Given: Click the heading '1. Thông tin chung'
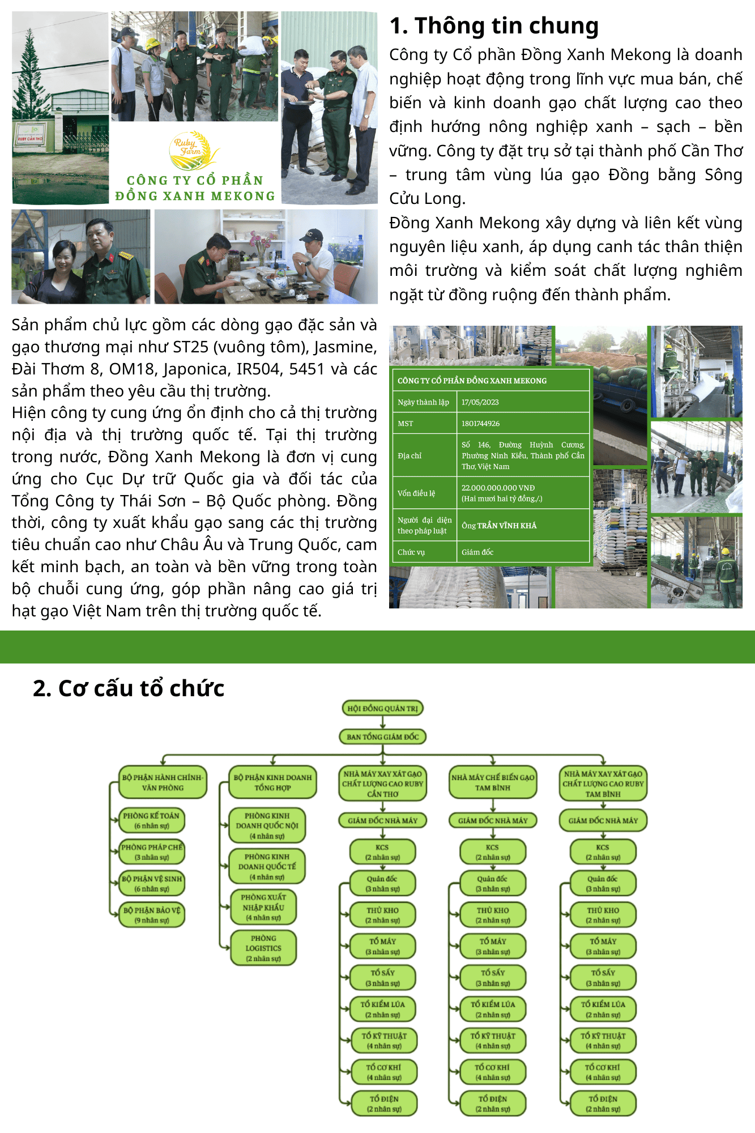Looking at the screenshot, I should [494, 26].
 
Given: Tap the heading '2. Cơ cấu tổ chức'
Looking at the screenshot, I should [129, 688].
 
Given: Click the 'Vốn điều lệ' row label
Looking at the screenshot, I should [416, 493].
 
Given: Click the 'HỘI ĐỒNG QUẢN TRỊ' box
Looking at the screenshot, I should [382, 708].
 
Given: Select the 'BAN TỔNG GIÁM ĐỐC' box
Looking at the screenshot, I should [382, 736].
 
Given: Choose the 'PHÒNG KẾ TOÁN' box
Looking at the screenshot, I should [151, 820].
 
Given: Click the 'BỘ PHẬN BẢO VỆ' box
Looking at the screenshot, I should [151, 915].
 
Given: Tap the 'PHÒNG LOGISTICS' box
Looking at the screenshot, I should [263, 948].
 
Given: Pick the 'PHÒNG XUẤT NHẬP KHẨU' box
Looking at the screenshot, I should [263, 907].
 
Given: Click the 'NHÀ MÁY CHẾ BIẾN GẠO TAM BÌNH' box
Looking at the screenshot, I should [493, 782].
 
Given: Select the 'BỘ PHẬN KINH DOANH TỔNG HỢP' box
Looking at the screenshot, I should [272, 782].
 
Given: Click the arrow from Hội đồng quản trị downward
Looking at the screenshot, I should [382, 722].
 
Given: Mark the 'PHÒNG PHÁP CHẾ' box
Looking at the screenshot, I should [151, 852].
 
